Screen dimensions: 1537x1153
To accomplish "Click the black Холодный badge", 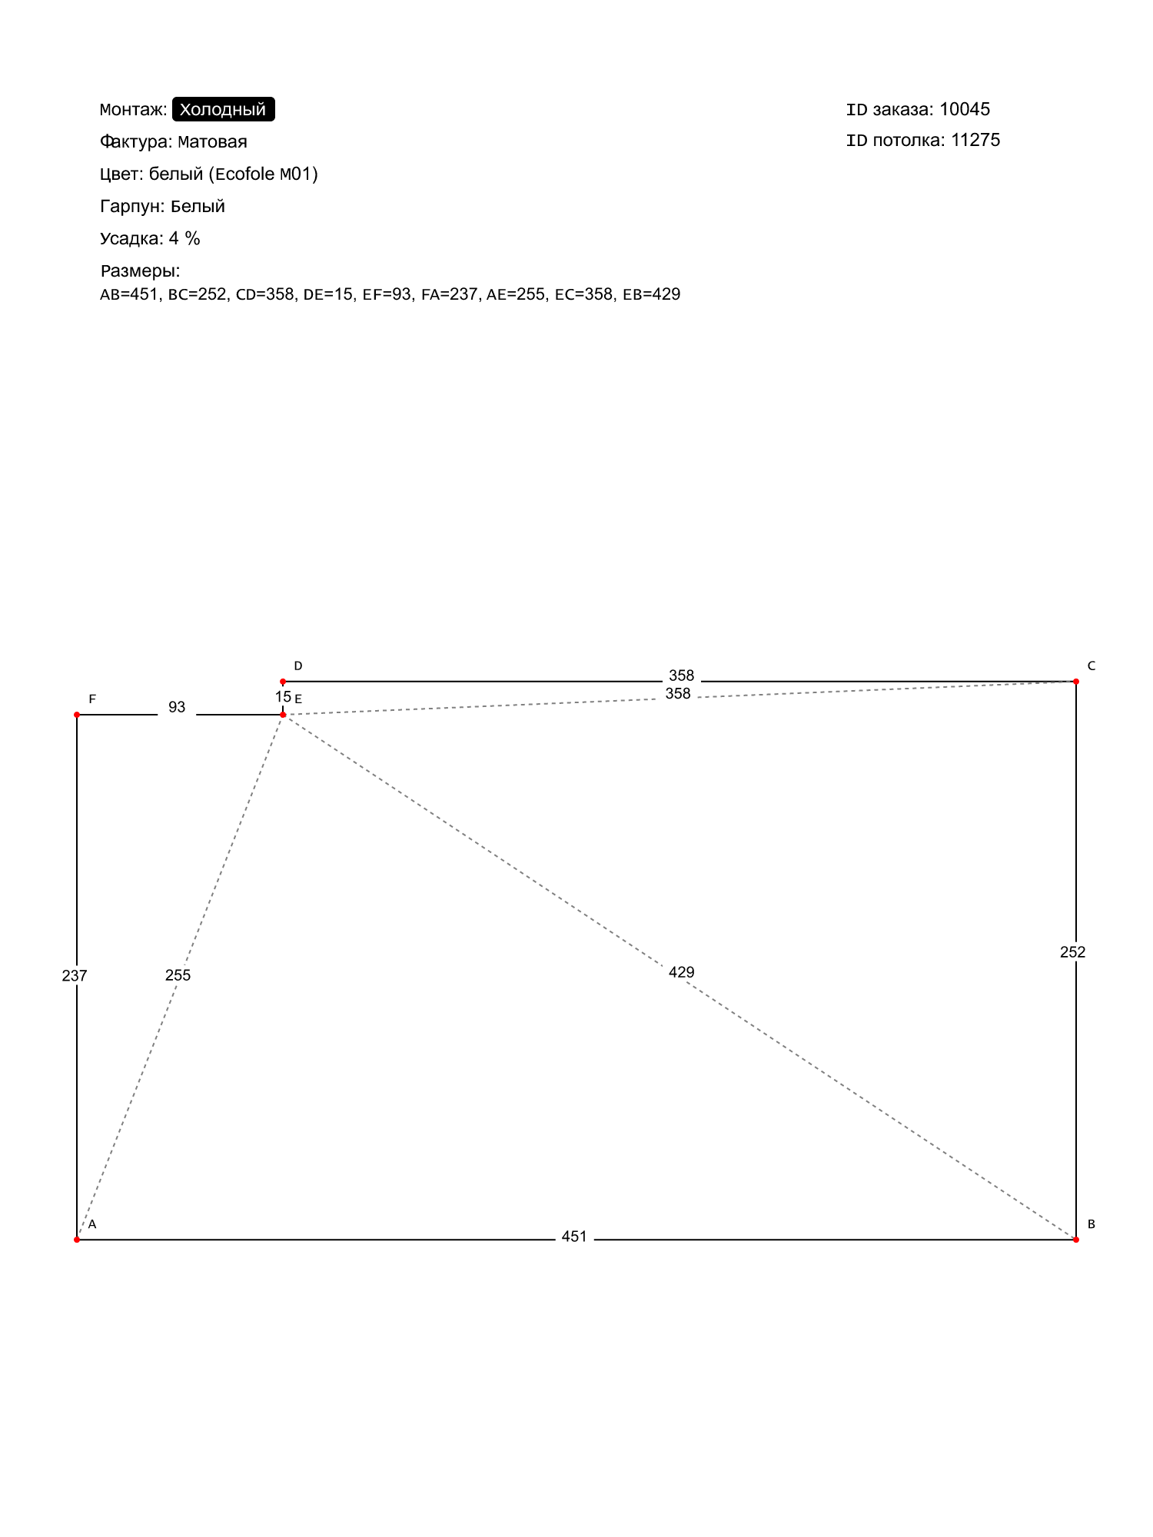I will click(223, 109).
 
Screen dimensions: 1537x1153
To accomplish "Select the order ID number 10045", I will click(965, 109).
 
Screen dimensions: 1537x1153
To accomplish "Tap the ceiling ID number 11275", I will click(975, 140).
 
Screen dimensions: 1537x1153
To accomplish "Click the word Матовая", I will click(212, 141).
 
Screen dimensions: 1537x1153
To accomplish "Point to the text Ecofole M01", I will click(266, 174).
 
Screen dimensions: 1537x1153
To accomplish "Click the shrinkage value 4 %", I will click(184, 238).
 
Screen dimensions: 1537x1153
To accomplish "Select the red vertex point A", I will click(77, 1240).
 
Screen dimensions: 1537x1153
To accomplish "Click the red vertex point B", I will click(1076, 1240).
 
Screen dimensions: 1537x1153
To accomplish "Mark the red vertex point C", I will click(1076, 682).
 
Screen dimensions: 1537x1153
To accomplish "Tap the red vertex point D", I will click(283, 682).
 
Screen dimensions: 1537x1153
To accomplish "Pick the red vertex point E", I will click(283, 715).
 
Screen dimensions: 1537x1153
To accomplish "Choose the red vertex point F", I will click(77, 715).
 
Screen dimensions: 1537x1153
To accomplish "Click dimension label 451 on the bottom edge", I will click(574, 1237).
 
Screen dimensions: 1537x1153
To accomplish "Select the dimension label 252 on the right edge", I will click(1073, 952).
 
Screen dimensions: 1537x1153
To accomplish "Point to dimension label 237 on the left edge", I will click(75, 975).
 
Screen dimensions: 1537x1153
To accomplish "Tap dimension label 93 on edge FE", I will click(177, 707).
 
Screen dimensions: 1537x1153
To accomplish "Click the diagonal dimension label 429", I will click(682, 972).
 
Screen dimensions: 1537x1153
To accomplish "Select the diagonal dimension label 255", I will click(178, 975).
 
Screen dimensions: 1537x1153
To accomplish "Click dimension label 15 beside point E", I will click(283, 697).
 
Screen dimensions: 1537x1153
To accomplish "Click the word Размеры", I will click(139, 271).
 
